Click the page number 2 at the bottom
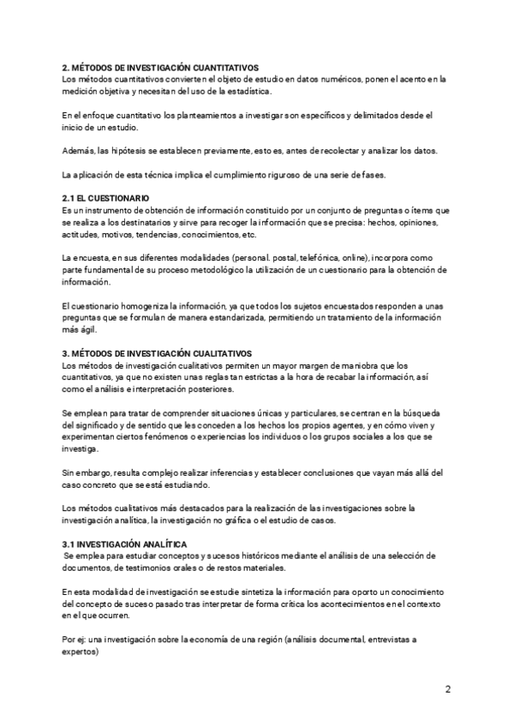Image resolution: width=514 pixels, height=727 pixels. (447, 688)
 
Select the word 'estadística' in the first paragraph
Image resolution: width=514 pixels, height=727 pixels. (247, 92)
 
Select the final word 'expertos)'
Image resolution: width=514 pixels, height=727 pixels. (81, 652)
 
